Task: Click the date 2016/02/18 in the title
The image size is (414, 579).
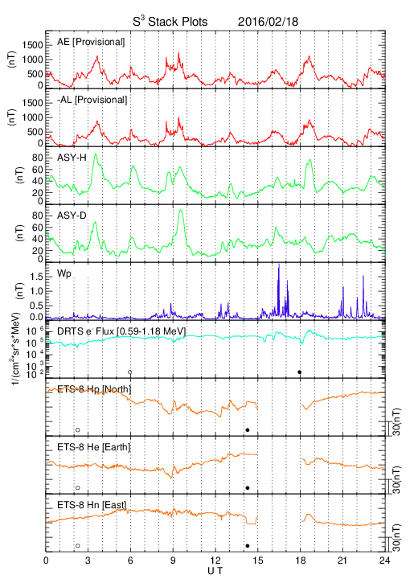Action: click(x=268, y=22)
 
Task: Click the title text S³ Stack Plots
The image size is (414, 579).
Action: click(x=170, y=21)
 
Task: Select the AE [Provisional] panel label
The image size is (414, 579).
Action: click(x=91, y=42)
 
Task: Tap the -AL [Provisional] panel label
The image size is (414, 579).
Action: click(x=92, y=100)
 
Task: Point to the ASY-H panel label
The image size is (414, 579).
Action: click(x=72, y=158)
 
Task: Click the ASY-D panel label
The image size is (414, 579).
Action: click(x=72, y=216)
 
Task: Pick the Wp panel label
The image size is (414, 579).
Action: click(x=64, y=274)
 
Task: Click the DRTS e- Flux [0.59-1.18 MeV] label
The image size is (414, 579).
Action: click(x=121, y=331)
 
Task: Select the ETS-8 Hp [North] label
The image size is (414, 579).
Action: click(x=94, y=389)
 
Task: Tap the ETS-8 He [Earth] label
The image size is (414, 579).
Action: click(x=94, y=447)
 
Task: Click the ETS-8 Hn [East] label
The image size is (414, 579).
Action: click(x=92, y=505)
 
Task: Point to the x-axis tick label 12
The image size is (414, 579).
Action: click(x=215, y=561)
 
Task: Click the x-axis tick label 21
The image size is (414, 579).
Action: click(x=342, y=561)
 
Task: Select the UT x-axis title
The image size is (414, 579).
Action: click(x=215, y=571)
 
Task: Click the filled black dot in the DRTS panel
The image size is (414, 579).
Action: click(x=300, y=372)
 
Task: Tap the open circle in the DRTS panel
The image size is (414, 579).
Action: click(x=130, y=372)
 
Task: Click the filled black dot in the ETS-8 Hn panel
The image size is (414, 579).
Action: click(x=248, y=546)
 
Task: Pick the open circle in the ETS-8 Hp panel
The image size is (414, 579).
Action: click(x=78, y=429)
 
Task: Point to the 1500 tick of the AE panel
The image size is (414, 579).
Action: click(x=32, y=45)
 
